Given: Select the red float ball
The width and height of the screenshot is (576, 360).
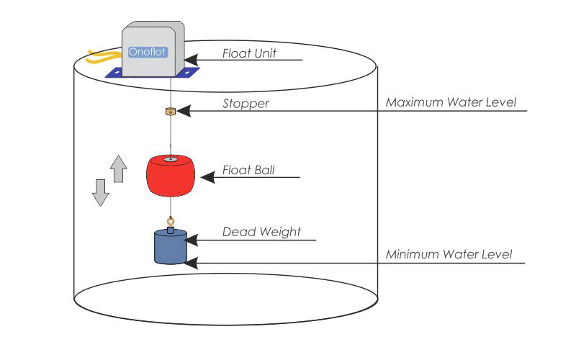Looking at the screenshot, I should pos(171,176).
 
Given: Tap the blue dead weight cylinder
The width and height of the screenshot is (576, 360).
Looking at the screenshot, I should pos(171,247).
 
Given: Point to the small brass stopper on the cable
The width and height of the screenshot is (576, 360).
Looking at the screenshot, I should pos(171,112).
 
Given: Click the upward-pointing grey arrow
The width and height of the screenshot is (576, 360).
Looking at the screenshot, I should pos(118,169).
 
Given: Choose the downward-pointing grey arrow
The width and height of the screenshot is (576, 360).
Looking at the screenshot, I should pos(101,192).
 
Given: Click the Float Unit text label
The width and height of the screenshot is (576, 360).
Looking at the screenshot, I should pos(249,53).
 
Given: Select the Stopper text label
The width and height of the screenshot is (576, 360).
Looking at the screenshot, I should pos(246,104).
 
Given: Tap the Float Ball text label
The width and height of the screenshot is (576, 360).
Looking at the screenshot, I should pos(248,171).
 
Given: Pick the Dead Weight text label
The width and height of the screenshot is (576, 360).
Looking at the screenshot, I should pos(261,232).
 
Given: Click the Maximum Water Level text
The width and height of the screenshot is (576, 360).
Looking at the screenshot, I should pos(451,102).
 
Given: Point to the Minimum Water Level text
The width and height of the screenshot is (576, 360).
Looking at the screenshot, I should pos(449,254).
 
